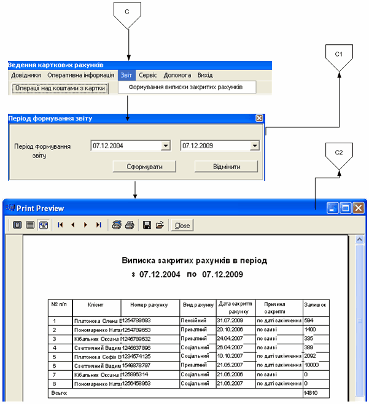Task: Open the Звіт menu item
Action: pos(126,75)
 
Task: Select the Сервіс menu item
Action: pos(147,75)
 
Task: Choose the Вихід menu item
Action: pos(205,75)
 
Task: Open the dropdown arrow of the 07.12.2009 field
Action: pos(255,146)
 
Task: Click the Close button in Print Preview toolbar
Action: pos(182,226)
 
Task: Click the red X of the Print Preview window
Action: pos(358,208)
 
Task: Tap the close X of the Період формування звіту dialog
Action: pos(259,118)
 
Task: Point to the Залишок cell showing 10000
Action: pos(313,365)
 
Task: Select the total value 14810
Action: pos(311,392)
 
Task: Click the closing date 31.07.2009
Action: pos(231,320)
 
